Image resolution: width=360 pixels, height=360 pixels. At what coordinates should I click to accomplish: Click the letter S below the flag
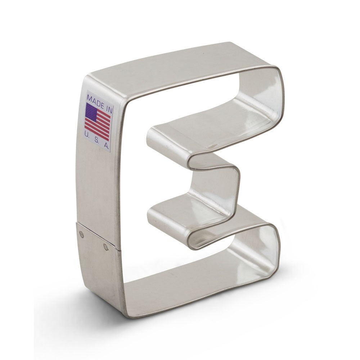(96, 140)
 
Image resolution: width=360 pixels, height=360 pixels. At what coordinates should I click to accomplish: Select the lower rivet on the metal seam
(105, 247)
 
